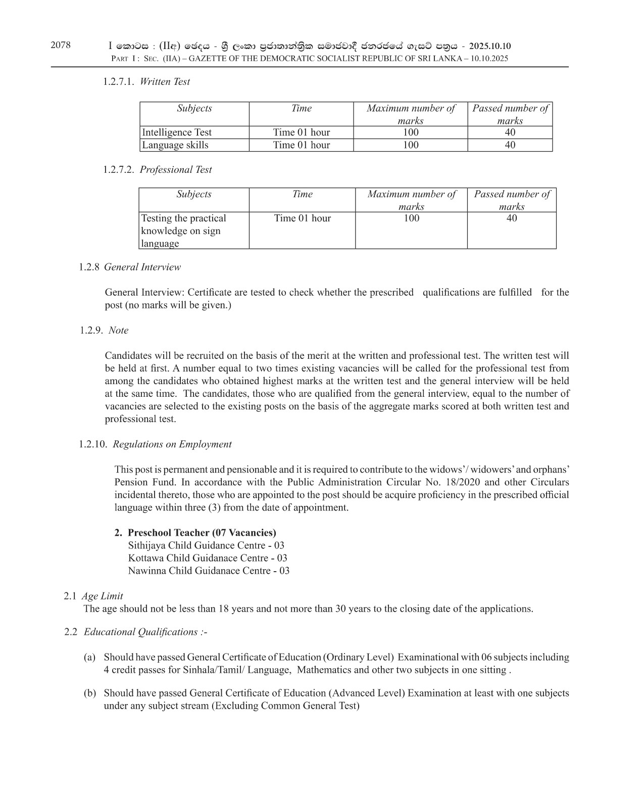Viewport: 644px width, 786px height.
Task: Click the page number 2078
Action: (61, 45)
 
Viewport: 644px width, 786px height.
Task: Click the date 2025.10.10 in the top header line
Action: (489, 46)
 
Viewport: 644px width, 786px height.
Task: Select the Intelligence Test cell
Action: (177, 132)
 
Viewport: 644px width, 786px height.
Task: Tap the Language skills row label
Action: (175, 145)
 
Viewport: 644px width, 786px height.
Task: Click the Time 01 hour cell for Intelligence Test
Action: (301, 132)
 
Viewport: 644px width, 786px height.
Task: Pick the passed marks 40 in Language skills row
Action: (510, 145)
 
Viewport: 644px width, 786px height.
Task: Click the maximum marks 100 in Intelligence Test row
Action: (411, 132)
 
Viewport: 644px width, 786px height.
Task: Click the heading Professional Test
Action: (176, 169)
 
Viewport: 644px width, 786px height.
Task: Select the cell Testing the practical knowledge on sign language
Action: (183, 230)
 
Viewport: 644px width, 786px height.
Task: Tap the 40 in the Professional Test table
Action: (511, 218)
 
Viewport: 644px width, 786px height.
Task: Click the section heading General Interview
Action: (142, 267)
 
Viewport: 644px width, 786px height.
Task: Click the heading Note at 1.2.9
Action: (119, 330)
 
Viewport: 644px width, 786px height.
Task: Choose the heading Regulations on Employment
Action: (172, 444)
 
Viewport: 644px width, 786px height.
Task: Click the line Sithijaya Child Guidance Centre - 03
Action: (206, 545)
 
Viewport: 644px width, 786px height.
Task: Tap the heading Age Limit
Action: (102, 596)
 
